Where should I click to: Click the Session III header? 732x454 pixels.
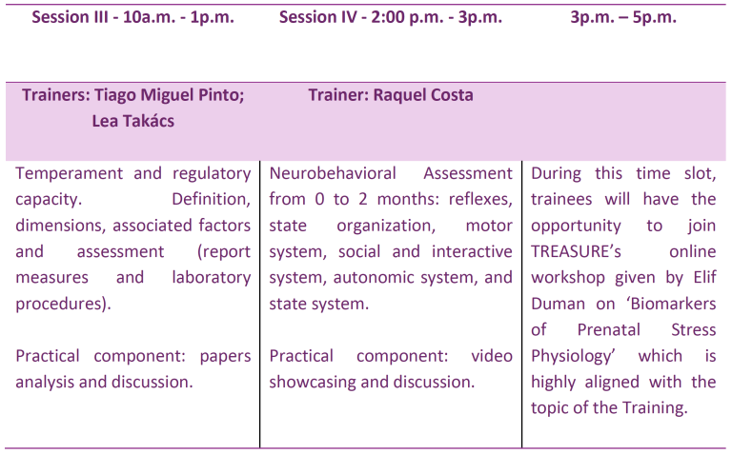click(x=132, y=17)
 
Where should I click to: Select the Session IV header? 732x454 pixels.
click(x=390, y=17)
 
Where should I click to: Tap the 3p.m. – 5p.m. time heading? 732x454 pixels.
click(x=623, y=17)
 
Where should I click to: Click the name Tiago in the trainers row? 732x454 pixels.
click(x=114, y=95)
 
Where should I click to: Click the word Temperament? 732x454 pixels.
click(x=69, y=174)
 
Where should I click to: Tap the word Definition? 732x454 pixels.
click(x=211, y=200)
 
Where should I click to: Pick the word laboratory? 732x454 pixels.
click(x=211, y=278)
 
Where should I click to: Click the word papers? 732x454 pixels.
click(x=225, y=357)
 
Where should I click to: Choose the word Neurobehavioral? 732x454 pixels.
click(x=333, y=173)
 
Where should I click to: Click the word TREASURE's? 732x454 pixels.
click(x=576, y=251)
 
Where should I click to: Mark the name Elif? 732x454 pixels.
click(x=704, y=278)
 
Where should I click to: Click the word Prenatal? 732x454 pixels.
click(x=609, y=330)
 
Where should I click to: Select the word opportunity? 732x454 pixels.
click(x=576, y=227)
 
